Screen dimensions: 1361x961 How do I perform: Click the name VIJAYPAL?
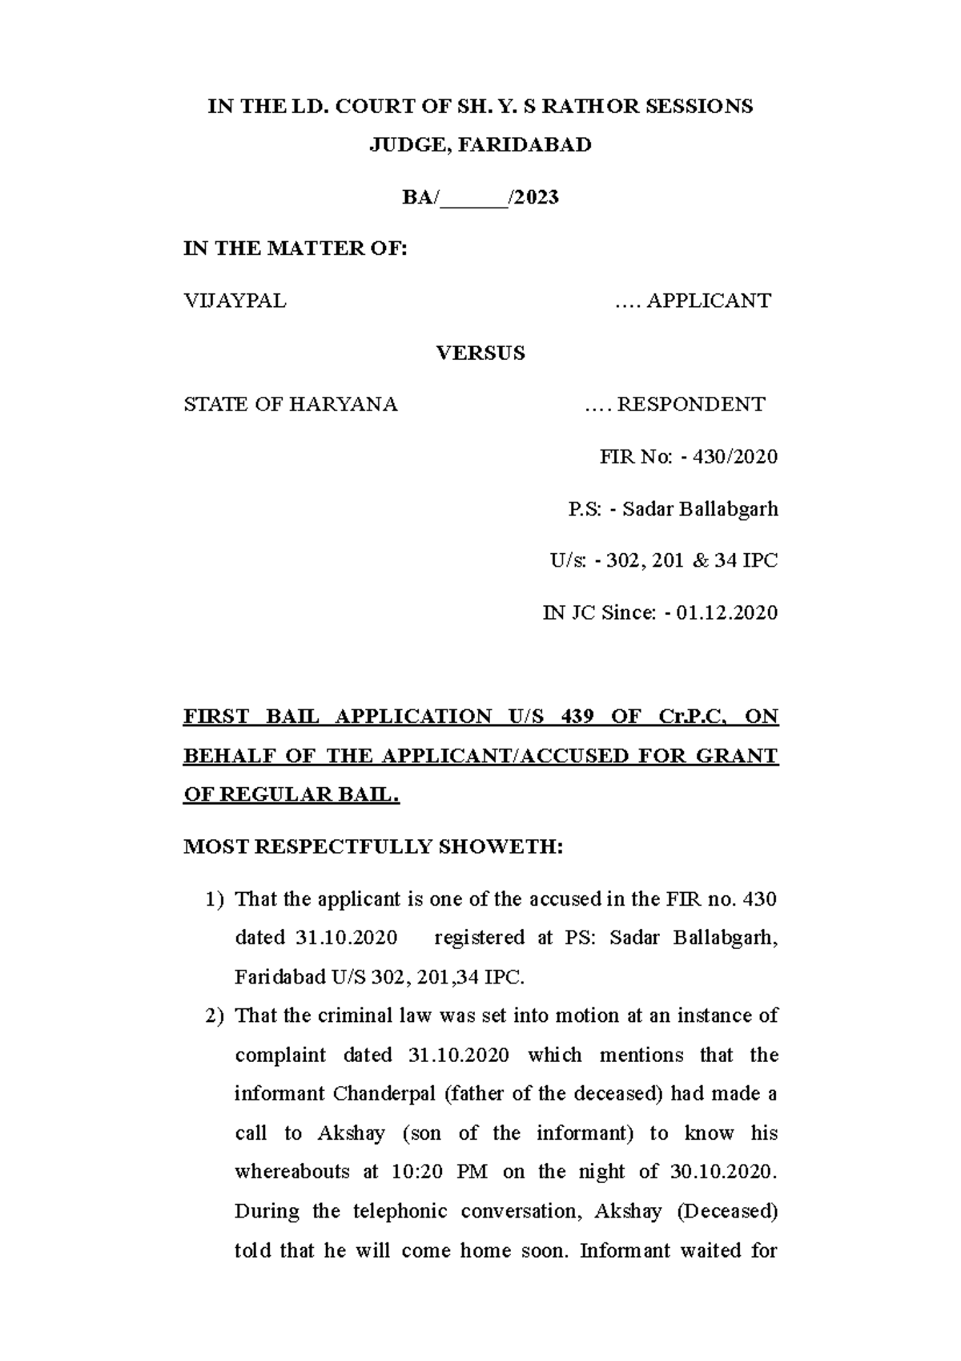(x=235, y=301)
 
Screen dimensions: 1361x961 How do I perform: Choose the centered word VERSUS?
(x=480, y=353)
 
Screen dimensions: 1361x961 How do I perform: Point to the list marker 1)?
(x=215, y=900)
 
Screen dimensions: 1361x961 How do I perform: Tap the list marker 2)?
(x=215, y=1016)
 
